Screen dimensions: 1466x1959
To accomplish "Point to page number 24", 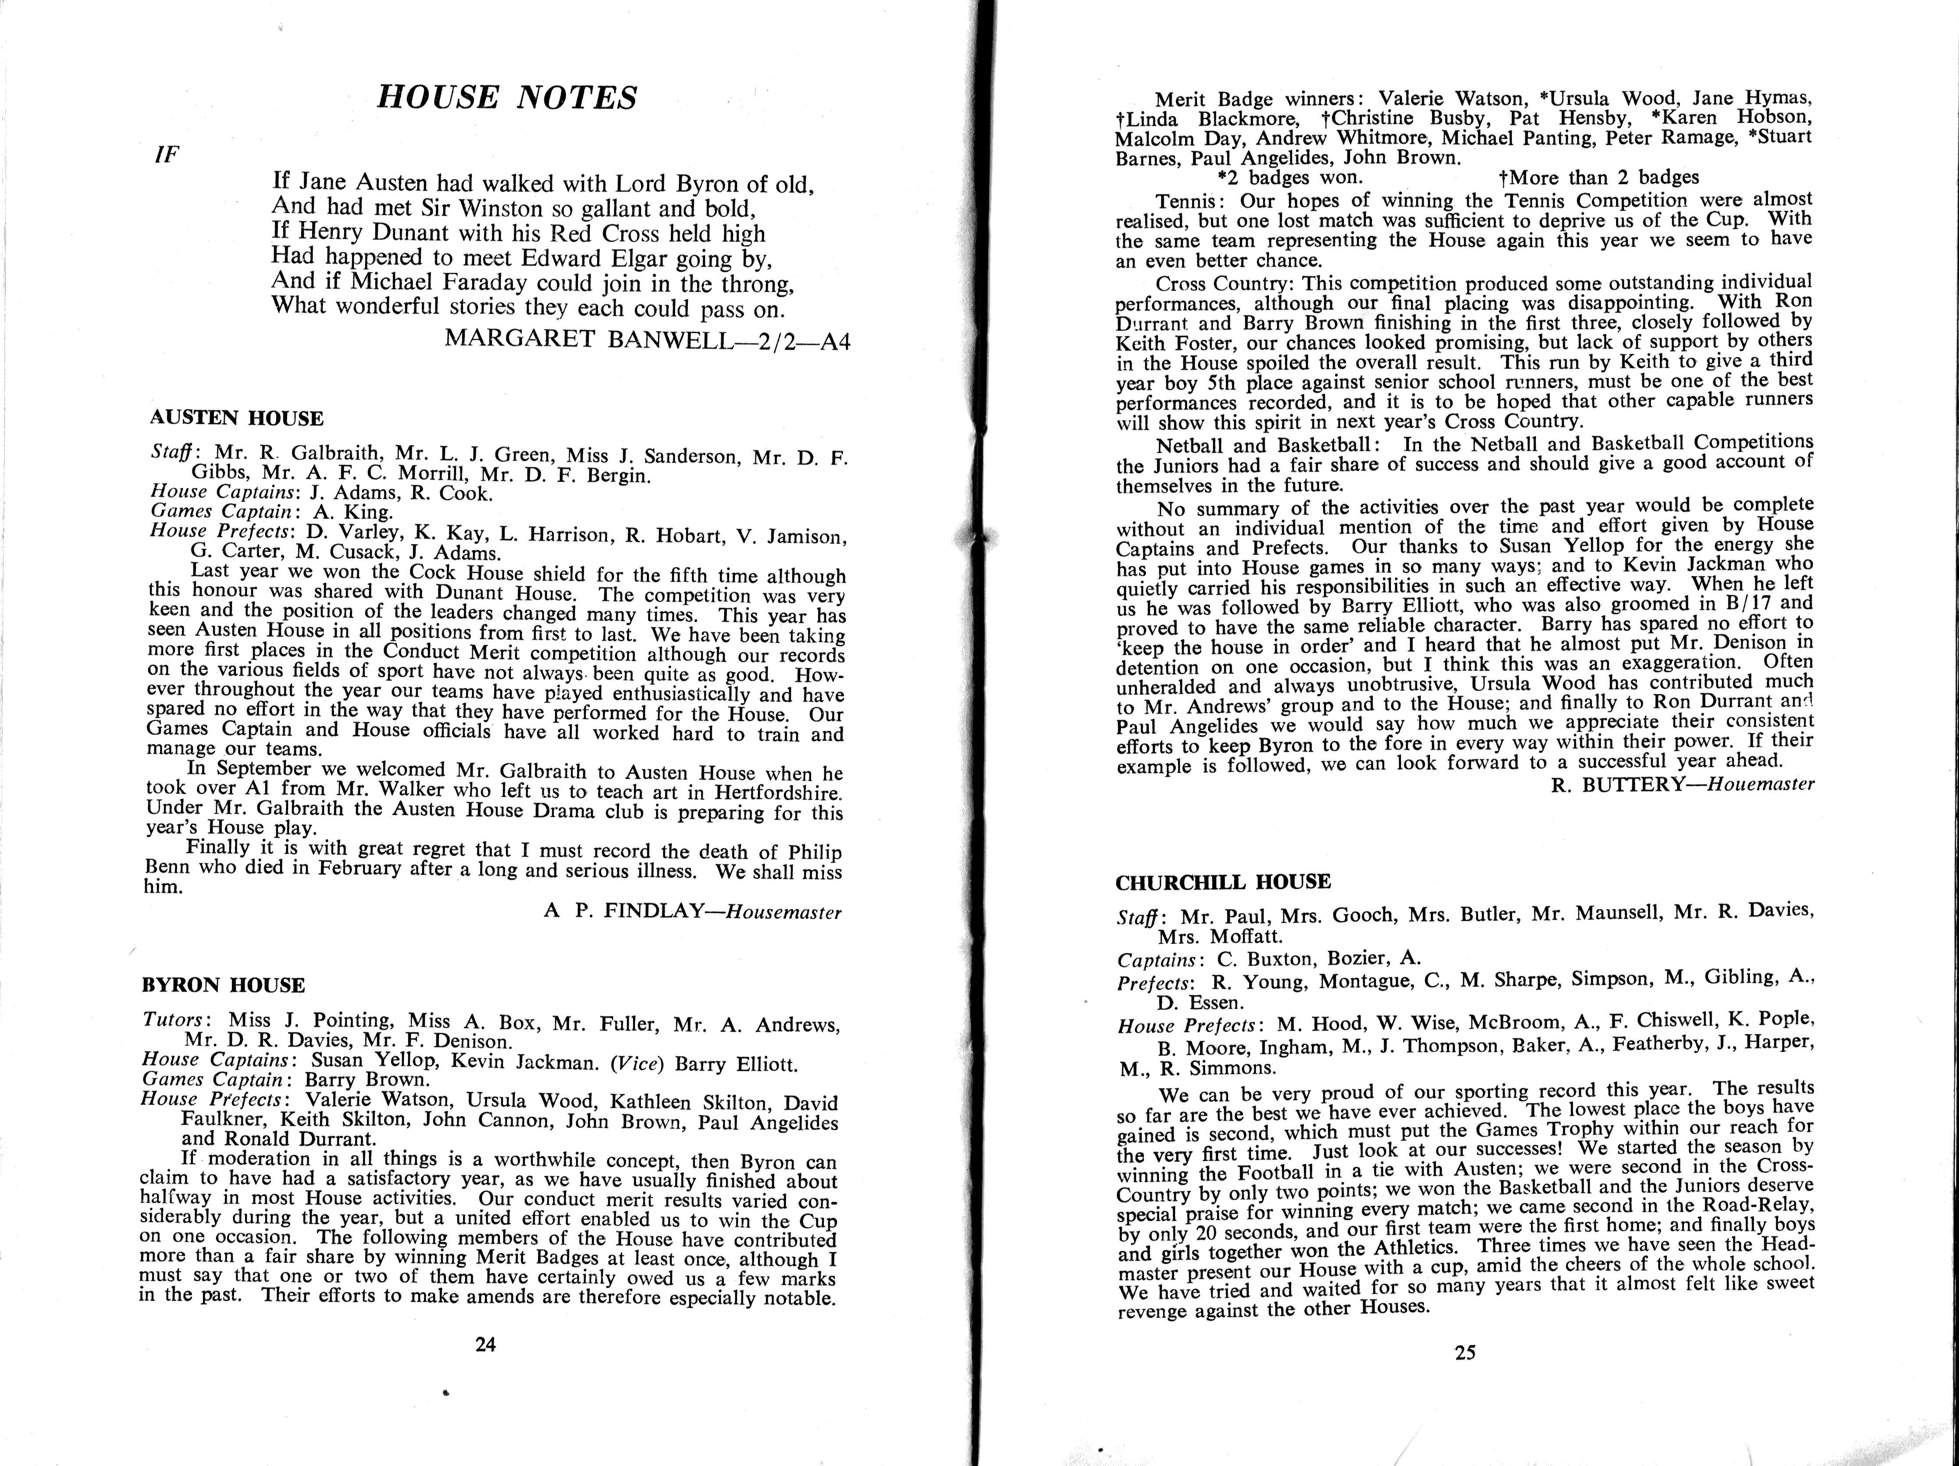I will pos(485,1344).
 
